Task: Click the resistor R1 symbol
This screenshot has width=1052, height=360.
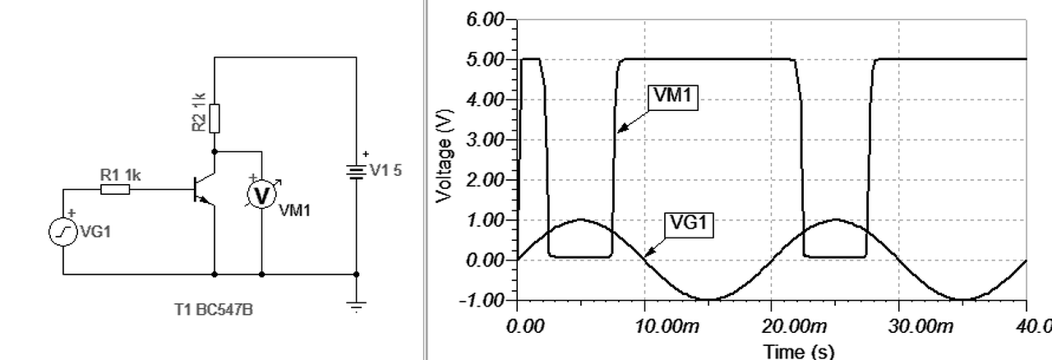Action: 115,190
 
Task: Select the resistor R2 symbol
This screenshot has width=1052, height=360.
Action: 215,118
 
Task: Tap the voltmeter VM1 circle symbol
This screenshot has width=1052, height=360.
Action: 261,196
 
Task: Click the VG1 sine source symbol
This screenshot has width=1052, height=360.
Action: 63,233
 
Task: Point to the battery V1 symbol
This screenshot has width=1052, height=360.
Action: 357,172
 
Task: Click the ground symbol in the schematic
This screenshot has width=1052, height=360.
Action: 357,305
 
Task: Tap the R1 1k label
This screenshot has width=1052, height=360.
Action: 121,175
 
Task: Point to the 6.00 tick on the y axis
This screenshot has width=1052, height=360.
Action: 486,20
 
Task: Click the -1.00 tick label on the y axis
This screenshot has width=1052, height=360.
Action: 483,300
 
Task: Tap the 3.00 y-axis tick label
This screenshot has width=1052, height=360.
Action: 486,140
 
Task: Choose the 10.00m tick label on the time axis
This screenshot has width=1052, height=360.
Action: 667,326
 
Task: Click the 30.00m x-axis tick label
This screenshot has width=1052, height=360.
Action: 921,326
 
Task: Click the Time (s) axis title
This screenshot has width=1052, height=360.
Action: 798,351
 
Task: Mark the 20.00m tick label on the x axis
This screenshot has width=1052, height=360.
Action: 794,326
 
